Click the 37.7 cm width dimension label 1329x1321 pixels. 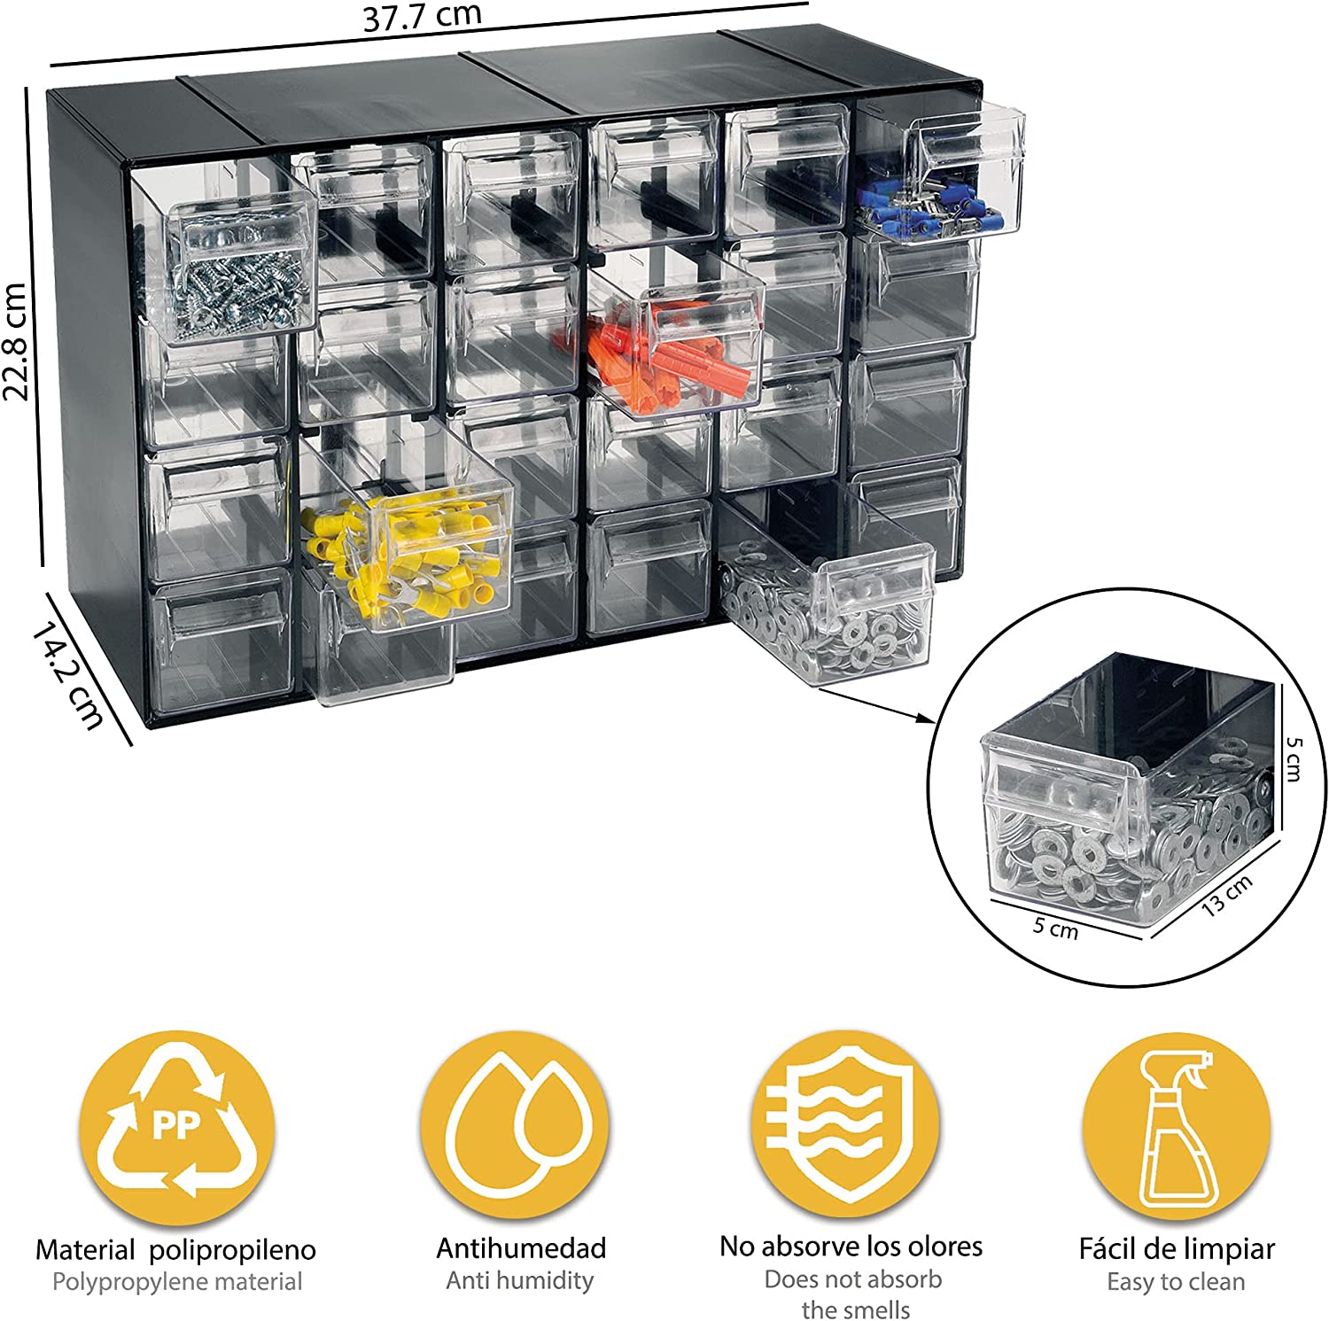(422, 17)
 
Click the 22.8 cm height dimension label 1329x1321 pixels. (17, 341)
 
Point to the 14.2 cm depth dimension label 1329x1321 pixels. (67, 675)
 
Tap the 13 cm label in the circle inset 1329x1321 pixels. (1227, 894)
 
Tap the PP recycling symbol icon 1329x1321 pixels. (176, 1127)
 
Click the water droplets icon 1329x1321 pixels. (515, 1125)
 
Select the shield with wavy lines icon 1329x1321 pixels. (845, 1125)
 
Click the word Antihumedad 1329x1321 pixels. (521, 1248)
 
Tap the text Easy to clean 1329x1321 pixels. (1176, 1282)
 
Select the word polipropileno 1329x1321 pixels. (232, 1250)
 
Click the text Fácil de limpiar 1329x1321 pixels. (1177, 1249)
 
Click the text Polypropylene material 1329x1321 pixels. (177, 1282)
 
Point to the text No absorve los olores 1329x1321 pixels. (851, 1247)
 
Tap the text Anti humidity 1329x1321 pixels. (520, 1280)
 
